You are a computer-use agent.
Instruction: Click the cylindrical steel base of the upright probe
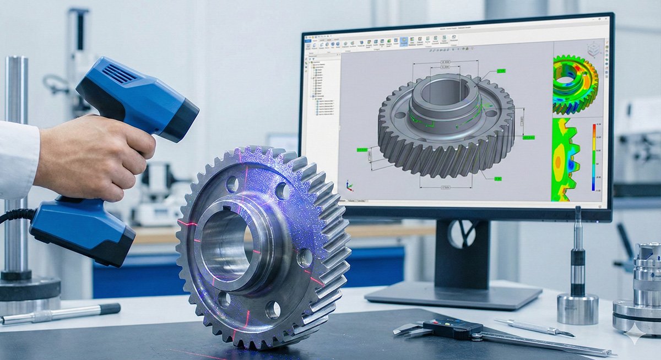pyautogui.click(x=577, y=308)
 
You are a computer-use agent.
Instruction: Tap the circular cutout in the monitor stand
pyautogui.click(x=462, y=233)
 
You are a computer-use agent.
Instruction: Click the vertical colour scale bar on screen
pyautogui.click(x=594, y=157)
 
